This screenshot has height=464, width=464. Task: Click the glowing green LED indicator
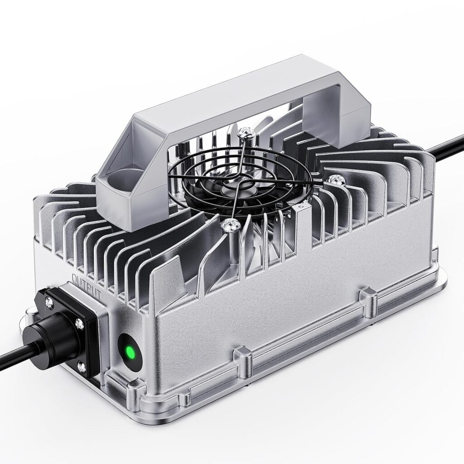(x=130, y=352)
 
